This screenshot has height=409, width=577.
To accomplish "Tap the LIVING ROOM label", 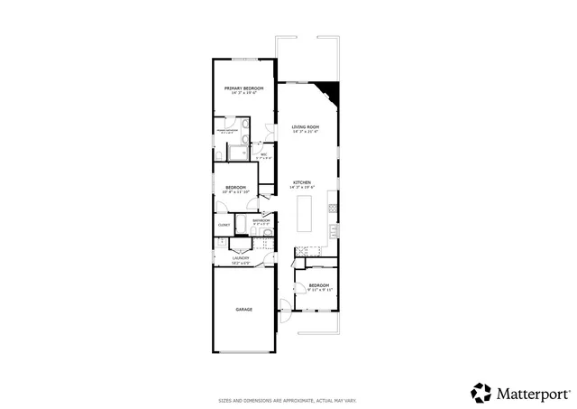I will (306, 127).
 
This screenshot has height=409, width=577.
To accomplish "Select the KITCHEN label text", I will (302, 183).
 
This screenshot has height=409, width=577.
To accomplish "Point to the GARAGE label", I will (244, 310).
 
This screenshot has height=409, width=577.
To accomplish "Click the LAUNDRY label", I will (240, 257).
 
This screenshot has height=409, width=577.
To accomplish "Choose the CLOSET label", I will (224, 225).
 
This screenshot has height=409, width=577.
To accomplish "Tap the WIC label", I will (263, 154).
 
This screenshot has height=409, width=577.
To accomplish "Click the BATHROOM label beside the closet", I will (261, 220).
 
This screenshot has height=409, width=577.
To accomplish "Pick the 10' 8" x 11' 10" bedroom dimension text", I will (235, 192).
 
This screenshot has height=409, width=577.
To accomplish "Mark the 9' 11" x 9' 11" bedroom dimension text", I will (319, 290).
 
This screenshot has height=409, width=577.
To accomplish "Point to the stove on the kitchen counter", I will (333, 209).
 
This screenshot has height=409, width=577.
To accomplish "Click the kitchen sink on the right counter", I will (333, 231).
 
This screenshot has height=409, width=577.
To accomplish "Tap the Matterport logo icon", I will (481, 392).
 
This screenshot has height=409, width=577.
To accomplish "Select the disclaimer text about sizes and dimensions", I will (288, 401).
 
